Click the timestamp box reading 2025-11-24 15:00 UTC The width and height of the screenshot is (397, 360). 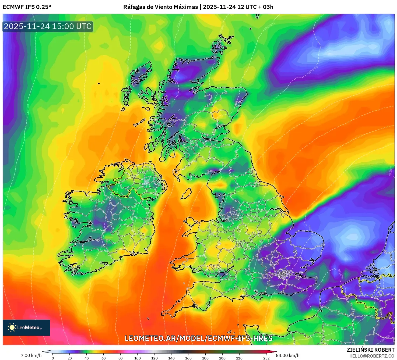48,26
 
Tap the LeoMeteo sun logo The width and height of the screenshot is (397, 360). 12,327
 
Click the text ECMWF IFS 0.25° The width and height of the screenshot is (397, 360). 27,7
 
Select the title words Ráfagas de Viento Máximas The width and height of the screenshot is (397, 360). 160,7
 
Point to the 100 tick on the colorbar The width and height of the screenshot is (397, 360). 138,358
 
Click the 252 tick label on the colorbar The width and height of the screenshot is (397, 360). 266,358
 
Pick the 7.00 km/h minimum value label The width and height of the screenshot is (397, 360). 31,355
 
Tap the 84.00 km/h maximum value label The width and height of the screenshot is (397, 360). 287,355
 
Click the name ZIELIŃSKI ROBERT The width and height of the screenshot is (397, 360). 370,350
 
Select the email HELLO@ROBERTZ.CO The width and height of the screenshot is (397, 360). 371,356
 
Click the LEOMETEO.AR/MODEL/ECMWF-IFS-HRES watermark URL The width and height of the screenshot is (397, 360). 198,338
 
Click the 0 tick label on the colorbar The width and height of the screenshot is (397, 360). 53,358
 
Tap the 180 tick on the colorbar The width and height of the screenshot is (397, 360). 205,358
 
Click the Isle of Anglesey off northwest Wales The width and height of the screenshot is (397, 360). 190,222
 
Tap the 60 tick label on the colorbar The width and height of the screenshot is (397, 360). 104,358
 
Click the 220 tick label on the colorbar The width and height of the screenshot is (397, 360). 239,358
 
